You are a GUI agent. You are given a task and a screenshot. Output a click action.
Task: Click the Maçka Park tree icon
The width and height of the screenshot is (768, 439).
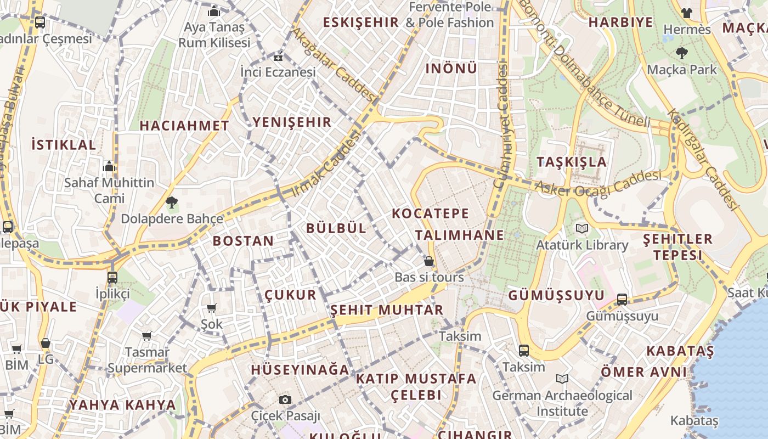tap(682, 53)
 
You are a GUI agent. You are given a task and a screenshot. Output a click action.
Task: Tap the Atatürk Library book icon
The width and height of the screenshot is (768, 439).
tap(581, 228)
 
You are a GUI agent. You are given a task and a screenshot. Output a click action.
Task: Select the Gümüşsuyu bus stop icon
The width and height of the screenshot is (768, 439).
tap(622, 299)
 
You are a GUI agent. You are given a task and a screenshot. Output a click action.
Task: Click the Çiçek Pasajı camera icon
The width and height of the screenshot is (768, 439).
tap(285, 399)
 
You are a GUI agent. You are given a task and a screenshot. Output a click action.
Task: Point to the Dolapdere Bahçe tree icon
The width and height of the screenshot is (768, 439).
tap(172, 202)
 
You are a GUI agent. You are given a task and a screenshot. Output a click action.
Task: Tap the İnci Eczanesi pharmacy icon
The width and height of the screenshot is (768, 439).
tap(278, 57)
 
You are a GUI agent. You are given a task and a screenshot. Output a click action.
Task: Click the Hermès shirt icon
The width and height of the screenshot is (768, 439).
tap(686, 13)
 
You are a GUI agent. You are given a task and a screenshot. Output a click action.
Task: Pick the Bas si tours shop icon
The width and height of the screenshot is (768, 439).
tap(429, 261)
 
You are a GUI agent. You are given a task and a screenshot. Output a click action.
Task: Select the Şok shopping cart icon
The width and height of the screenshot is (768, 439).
tap(211, 308)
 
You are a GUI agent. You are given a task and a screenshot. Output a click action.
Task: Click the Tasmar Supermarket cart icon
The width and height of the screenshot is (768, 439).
tap(146, 336)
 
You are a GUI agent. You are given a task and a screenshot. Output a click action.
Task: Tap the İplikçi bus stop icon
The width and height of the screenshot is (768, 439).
tap(112, 277)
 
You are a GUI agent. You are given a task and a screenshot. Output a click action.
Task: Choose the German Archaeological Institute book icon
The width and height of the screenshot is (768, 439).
tap(562, 379)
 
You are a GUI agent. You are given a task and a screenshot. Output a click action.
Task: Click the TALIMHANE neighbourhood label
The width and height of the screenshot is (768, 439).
tap(459, 235)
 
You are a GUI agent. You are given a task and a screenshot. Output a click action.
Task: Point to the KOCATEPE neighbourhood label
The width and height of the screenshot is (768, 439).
tap(431, 213)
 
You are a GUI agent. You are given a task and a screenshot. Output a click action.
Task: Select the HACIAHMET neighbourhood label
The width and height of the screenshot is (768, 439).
tap(184, 126)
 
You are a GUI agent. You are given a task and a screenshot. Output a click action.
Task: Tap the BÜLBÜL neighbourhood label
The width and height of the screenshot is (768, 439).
tap(336, 228)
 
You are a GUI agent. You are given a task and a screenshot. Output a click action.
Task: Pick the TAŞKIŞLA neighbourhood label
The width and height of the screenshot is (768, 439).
tap(572, 162)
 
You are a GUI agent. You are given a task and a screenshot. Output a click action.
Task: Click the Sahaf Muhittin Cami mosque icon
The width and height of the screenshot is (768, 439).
tap(109, 166)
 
